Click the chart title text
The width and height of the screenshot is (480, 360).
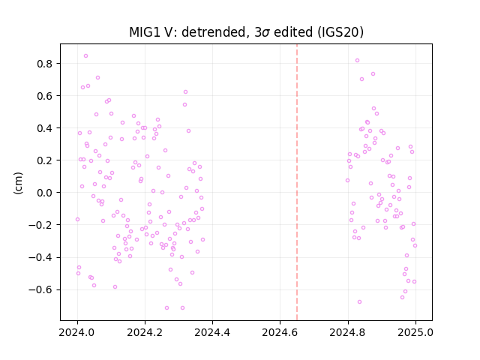tap(246, 32)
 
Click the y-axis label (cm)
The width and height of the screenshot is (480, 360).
tap(18, 183)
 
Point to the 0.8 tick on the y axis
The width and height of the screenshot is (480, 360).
tap(45, 64)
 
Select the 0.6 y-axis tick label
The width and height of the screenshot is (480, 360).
tap(45, 96)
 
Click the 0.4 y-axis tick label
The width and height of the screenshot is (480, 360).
tap(45, 128)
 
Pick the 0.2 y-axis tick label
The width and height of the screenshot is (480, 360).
tap(45, 160)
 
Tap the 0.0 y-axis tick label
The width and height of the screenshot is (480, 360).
tap(45, 193)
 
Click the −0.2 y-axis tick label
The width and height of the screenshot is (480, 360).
tap(40, 225)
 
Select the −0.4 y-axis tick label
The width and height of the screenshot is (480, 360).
tap(40, 257)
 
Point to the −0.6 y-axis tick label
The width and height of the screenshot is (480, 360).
tap(40, 289)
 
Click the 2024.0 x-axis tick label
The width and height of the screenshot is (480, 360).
tap(77, 332)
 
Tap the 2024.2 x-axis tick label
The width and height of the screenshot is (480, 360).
tap(145, 332)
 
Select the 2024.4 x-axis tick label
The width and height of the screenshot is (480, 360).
tap(212, 332)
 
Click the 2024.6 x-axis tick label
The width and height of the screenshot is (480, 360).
tap(280, 332)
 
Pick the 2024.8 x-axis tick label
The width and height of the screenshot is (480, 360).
tap(348, 332)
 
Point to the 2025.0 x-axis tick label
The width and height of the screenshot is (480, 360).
tap(415, 332)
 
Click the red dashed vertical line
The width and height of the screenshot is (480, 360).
tap(297, 182)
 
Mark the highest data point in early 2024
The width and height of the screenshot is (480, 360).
tap(85, 55)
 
